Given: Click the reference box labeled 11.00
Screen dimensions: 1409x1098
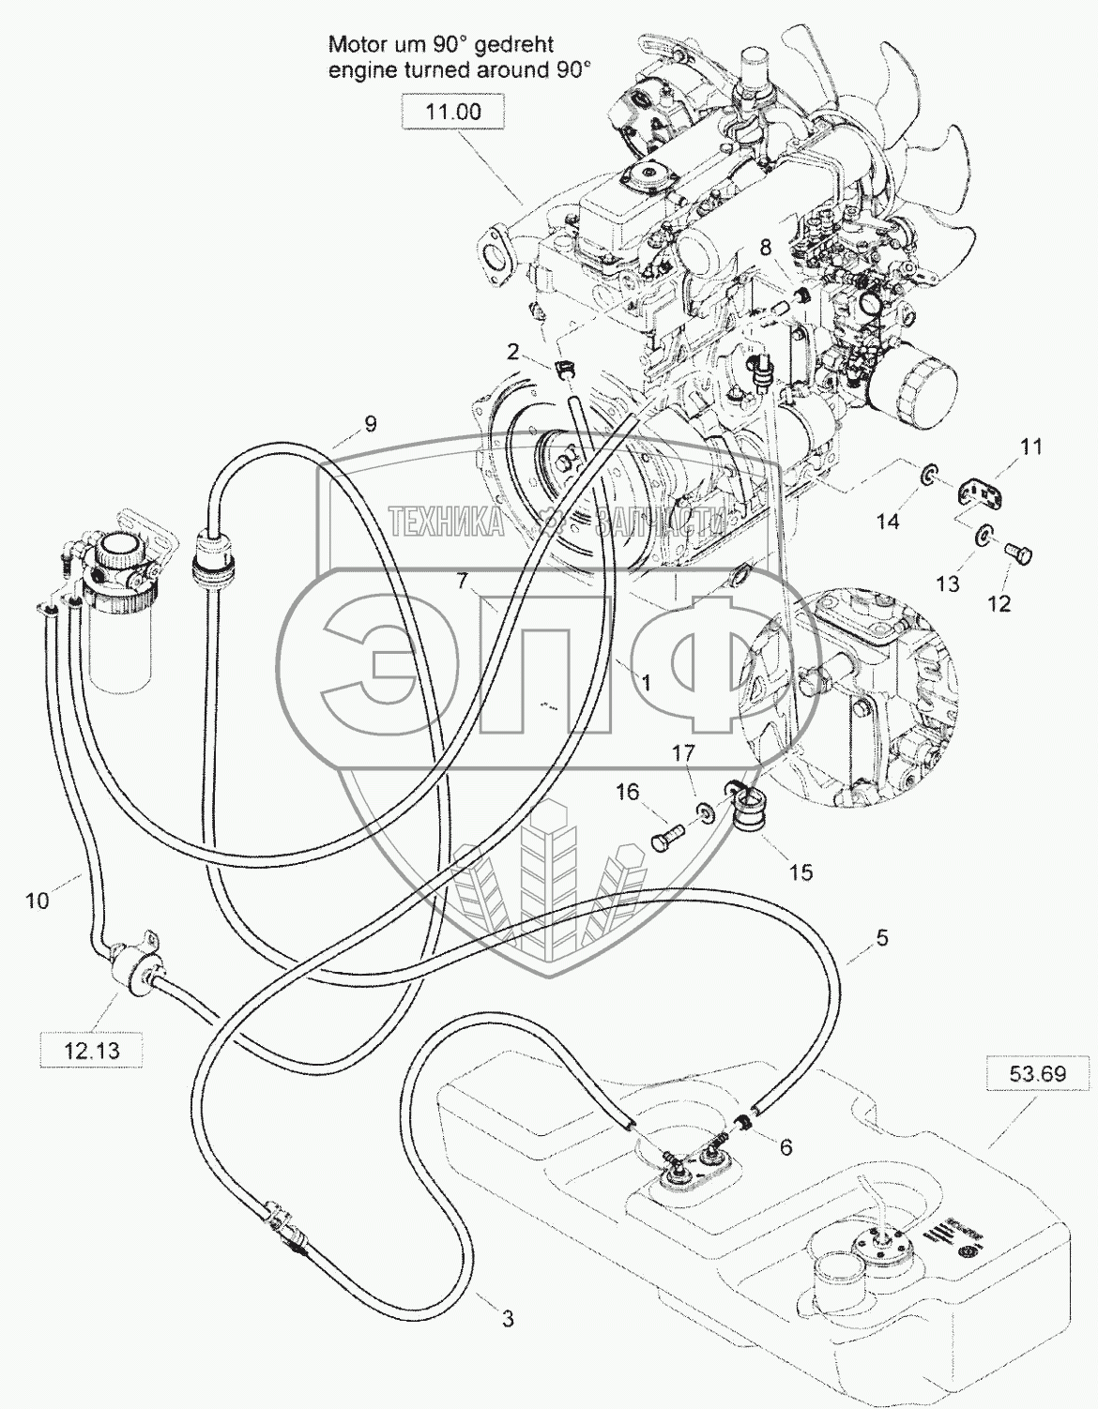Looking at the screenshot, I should pyautogui.click(x=453, y=113).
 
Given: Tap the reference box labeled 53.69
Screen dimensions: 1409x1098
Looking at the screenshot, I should pyautogui.click(x=1027, y=1073).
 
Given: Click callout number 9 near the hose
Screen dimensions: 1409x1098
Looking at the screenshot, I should pyautogui.click(x=371, y=425).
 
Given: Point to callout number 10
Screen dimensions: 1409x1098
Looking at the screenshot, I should pyautogui.click(x=37, y=901).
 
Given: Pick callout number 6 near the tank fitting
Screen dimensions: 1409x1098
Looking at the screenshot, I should pyautogui.click(x=785, y=1147).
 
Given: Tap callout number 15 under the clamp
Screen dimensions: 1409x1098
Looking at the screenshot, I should pyautogui.click(x=800, y=872).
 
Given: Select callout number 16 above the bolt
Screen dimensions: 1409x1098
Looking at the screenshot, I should pyautogui.click(x=627, y=793).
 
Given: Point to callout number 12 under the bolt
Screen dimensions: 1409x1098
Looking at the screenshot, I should pyautogui.click(x=999, y=604).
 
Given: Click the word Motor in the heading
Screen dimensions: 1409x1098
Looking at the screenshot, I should pyautogui.click(x=359, y=44).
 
